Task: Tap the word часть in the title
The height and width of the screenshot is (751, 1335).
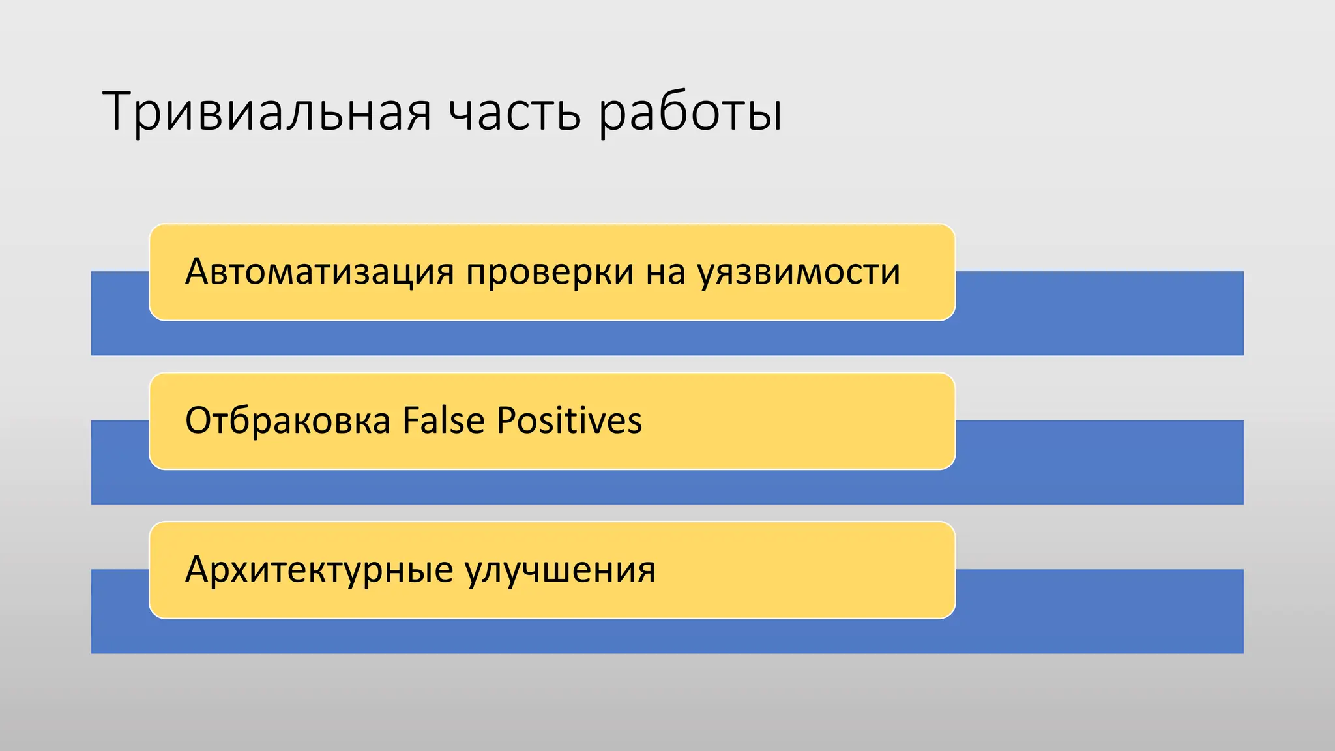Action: (x=515, y=112)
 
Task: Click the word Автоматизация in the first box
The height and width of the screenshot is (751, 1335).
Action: (x=319, y=272)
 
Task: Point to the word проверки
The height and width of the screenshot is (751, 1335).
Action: (x=550, y=272)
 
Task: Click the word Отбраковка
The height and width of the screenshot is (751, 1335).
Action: (x=287, y=420)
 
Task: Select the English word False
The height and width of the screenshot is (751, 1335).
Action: (x=443, y=420)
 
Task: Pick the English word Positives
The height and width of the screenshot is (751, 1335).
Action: (x=569, y=420)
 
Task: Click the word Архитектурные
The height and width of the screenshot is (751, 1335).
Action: (x=319, y=570)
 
